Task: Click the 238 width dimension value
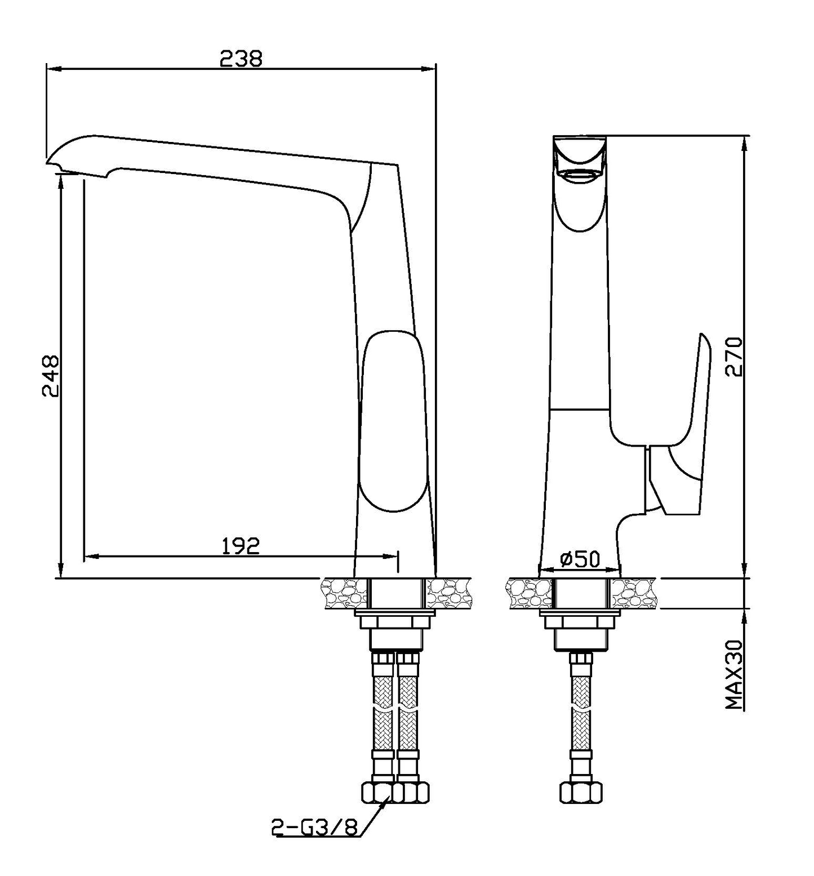tap(241, 58)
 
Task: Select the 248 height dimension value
tap(51, 376)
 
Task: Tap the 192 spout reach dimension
tap(241, 545)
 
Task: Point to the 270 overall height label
tap(734, 357)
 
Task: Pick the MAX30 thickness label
tap(735, 674)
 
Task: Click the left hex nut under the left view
tap(377, 791)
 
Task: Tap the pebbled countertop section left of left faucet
tap(343, 593)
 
